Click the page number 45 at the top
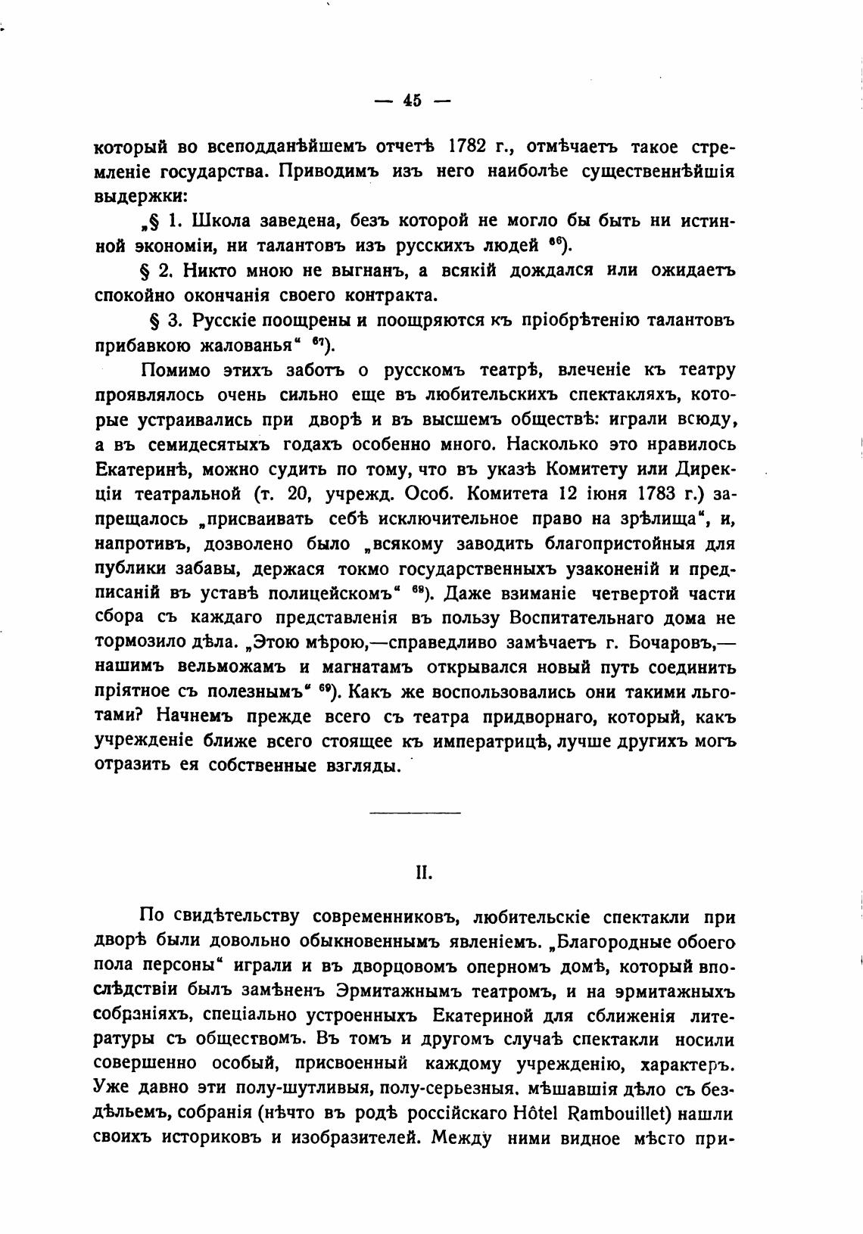coord(413,100)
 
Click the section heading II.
coord(423,872)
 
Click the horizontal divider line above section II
coord(415,813)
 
